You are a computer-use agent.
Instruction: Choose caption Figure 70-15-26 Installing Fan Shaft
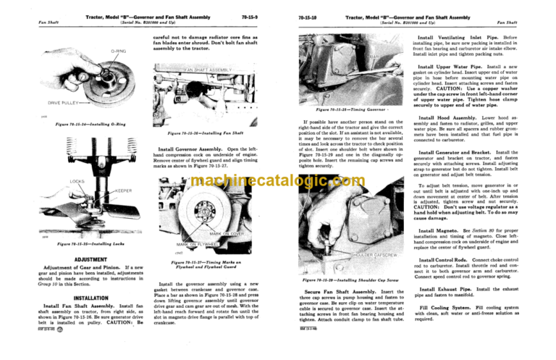coord(210,134)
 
